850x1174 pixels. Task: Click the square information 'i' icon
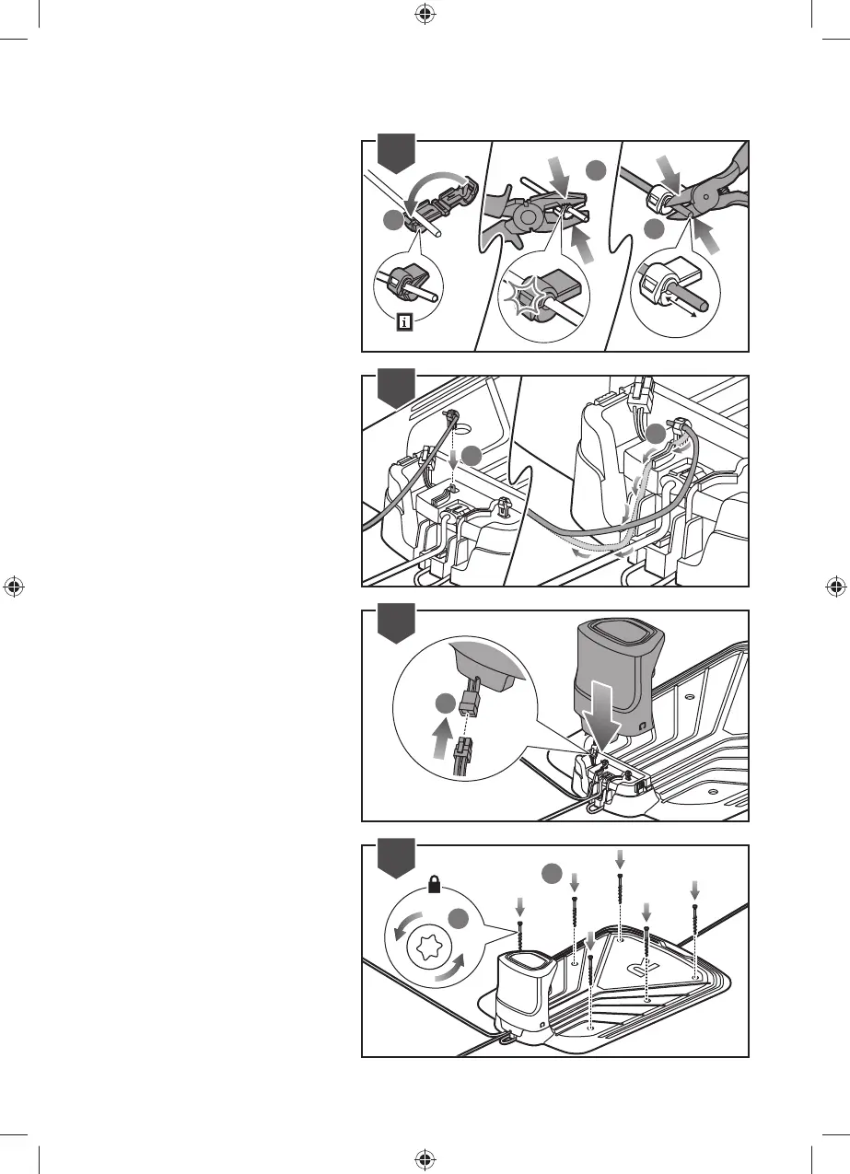tap(404, 322)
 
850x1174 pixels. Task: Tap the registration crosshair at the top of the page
tap(425, 13)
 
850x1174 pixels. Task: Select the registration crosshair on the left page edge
tap(13, 586)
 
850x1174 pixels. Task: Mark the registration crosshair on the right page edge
tap(835, 586)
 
